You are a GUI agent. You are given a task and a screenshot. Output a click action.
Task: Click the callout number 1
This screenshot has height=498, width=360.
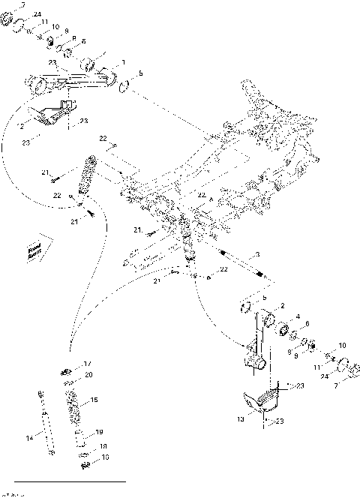[x=124, y=63]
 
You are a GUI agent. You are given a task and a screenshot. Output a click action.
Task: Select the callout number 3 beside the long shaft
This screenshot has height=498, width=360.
[x=257, y=254]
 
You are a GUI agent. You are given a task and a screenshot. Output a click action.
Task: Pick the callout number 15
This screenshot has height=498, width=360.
[x=94, y=400]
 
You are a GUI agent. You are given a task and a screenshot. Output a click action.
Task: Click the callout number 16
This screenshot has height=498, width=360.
[x=106, y=456]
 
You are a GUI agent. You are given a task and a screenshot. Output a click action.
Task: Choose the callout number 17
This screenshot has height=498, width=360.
[x=88, y=363]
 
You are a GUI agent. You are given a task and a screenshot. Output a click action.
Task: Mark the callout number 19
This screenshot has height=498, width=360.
[x=99, y=432]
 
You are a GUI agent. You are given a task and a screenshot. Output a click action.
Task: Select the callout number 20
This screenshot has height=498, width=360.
[x=88, y=374]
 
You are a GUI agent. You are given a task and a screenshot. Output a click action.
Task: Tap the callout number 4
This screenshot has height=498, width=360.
[x=298, y=316]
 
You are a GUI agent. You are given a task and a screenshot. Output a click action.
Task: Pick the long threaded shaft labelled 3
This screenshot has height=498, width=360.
[x=240, y=265]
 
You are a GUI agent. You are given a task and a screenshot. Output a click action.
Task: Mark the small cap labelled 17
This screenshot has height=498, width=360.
[x=67, y=368]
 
